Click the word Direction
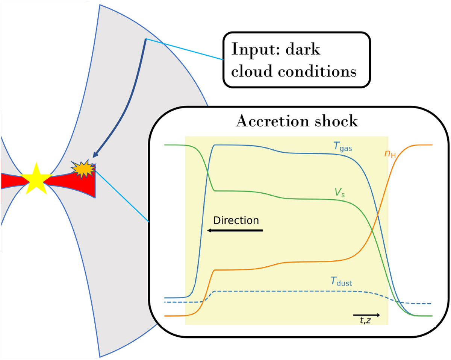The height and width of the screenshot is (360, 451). coord(236,220)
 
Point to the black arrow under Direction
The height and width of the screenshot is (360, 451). coord(235,230)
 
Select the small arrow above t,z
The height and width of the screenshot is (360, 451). coord(367,314)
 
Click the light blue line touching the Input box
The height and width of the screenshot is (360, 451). coord(184,49)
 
